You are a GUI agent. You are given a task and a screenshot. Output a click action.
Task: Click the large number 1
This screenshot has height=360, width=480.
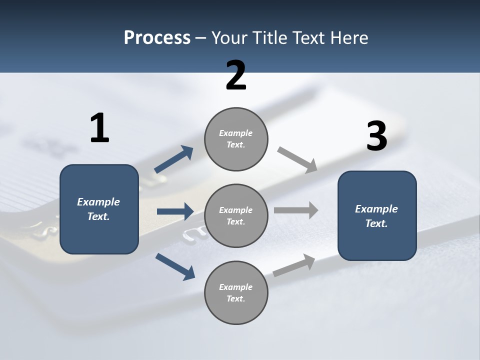pyautogui.click(x=99, y=128)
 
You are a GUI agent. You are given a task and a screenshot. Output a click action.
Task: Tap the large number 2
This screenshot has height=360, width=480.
pyautogui.click(x=236, y=75)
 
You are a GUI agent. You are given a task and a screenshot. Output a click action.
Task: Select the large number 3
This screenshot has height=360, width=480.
pyautogui.click(x=376, y=137)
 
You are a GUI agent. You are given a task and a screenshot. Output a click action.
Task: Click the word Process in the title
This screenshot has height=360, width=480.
pyautogui.click(x=157, y=38)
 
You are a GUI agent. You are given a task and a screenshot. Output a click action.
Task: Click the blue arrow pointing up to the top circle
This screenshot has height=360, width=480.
pyautogui.click(x=174, y=159)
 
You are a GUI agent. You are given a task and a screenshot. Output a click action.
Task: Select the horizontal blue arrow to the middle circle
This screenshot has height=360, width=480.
pyautogui.click(x=175, y=211)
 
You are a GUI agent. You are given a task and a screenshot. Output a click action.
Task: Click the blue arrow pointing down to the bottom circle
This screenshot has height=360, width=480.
pyautogui.click(x=175, y=266)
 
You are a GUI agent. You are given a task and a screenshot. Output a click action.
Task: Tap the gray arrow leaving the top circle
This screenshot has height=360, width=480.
pyautogui.click(x=297, y=160)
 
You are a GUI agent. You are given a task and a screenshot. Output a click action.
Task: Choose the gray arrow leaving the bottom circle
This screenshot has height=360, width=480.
pyautogui.click(x=294, y=265)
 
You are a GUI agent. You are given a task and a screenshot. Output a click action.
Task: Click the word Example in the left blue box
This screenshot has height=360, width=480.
pyautogui.click(x=98, y=202)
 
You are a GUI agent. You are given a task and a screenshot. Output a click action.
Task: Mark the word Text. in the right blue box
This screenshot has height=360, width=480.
pyautogui.click(x=376, y=223)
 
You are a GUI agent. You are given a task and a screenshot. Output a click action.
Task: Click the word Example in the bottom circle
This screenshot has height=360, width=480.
pyautogui.click(x=236, y=287)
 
